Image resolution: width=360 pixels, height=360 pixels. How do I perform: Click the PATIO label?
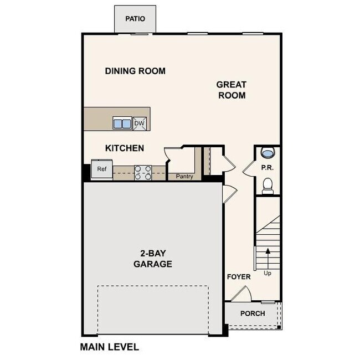click(x=135, y=19)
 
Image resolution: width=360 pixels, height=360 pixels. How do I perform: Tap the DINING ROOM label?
click(x=135, y=71)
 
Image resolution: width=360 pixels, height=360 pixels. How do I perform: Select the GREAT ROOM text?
click(x=231, y=90)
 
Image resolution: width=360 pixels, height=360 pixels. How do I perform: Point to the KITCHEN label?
click(x=125, y=148)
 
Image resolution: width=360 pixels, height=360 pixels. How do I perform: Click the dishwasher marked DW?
click(x=140, y=123)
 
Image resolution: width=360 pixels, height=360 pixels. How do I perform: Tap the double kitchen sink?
click(x=122, y=123)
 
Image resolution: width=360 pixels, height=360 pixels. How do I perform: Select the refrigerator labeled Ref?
click(x=102, y=169)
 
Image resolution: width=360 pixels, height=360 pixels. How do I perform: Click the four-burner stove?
click(x=143, y=173)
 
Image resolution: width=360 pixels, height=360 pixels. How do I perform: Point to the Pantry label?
click(x=184, y=177)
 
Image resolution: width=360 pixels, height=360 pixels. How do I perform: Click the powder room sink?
click(x=267, y=153)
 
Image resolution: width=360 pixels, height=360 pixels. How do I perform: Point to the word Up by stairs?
click(x=268, y=274)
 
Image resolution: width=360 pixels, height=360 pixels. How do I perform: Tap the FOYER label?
click(x=239, y=276)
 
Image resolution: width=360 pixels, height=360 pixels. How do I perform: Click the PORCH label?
click(x=252, y=313)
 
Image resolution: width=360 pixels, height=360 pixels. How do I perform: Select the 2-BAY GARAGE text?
click(x=152, y=259)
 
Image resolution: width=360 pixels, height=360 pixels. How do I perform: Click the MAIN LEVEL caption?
click(x=109, y=347)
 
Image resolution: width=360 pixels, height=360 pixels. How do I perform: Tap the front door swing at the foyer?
click(x=242, y=294)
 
